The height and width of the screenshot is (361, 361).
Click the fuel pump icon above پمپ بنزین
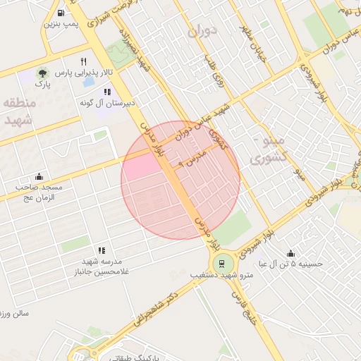[63, 13]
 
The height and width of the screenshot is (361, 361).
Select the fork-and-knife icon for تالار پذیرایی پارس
[84, 61]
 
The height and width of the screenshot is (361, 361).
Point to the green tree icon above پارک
[44, 73]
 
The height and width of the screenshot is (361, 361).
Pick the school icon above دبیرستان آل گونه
[106, 92]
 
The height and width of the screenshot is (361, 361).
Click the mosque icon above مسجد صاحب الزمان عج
[39, 176]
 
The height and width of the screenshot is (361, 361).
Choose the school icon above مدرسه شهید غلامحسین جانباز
[102, 250]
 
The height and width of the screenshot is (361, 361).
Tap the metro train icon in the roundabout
[222, 264]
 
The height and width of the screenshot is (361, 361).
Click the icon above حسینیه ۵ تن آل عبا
[291, 253]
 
